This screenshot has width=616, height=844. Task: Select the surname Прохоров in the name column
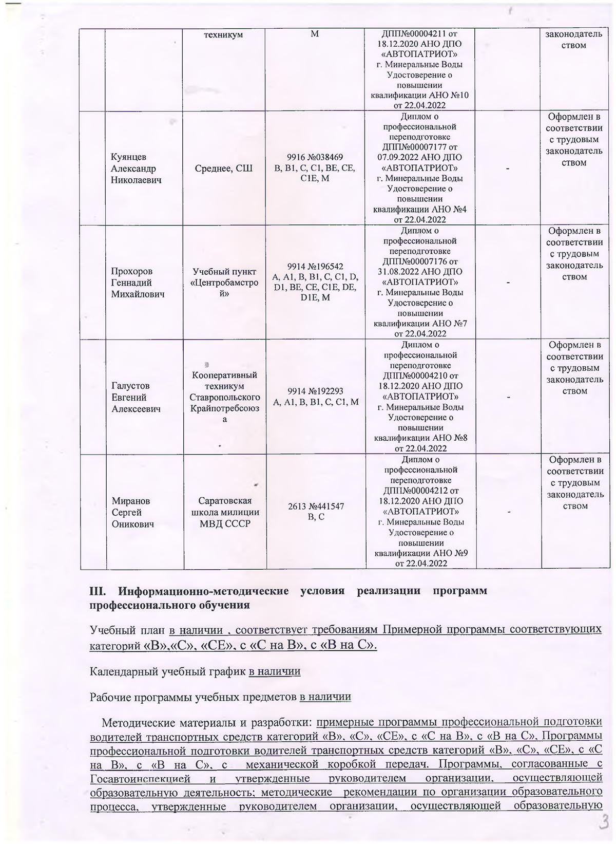click(x=132, y=271)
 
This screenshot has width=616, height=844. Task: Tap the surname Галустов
click(x=130, y=386)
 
